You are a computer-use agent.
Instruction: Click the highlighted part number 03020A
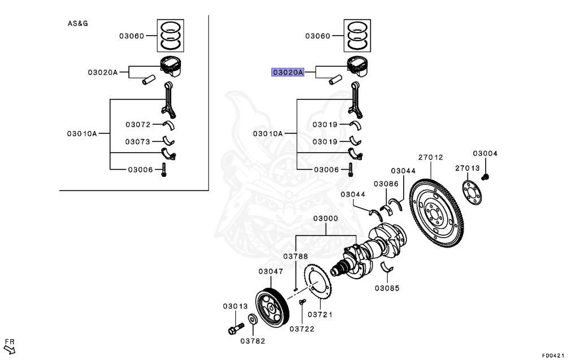288,72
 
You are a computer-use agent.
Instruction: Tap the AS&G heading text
77,24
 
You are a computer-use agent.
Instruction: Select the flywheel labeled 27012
437,213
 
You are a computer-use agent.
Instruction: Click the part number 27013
467,168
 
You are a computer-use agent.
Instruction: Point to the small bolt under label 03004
485,177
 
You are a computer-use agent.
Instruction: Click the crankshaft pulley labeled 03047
272,309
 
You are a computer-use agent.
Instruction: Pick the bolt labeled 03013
236,328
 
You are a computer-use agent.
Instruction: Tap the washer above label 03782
253,319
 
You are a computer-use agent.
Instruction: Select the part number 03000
325,219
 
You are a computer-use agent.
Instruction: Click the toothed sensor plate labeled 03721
318,281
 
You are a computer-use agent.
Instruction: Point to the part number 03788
295,256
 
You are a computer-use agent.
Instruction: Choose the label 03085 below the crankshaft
387,288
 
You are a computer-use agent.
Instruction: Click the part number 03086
386,184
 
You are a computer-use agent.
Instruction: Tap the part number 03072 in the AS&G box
138,125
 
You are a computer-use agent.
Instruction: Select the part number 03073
137,142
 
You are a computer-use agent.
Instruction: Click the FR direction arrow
9,349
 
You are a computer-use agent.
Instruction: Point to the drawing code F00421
553,355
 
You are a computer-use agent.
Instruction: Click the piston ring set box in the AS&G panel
170,36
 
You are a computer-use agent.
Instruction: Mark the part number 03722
302,329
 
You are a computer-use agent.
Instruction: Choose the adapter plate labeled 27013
472,192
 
